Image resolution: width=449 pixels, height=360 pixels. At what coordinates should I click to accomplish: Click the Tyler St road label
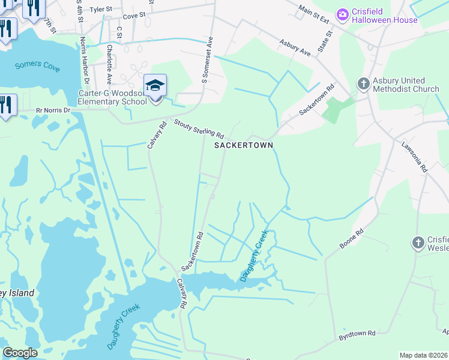[100, 10]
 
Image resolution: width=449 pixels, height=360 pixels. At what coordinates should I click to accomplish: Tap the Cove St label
[134, 14]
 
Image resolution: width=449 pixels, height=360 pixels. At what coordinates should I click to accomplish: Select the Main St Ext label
[315, 14]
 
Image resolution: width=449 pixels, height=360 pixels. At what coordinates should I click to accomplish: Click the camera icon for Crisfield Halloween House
[343, 14]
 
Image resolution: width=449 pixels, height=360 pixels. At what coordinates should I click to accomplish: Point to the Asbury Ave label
[295, 49]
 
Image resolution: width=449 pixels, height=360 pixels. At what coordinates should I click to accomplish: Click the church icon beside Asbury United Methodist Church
[363, 85]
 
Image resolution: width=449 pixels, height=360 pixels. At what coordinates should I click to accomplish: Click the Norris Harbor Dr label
[85, 60]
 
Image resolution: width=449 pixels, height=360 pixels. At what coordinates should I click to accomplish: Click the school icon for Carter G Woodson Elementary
[155, 86]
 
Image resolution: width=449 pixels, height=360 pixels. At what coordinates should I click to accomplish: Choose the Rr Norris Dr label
[53, 110]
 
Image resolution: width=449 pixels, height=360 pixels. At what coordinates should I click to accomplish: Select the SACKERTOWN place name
[244, 145]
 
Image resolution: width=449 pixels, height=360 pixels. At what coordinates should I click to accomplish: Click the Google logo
[20, 353]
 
